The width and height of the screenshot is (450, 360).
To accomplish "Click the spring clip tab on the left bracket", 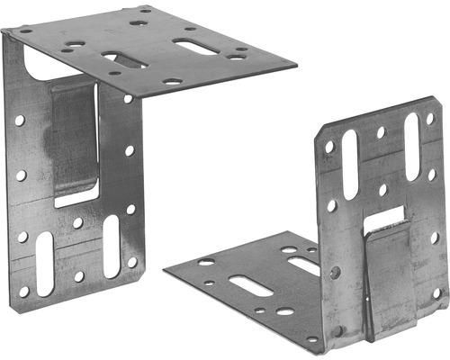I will (x=74, y=135).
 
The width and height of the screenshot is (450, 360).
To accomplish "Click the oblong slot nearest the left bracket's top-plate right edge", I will (x=194, y=46).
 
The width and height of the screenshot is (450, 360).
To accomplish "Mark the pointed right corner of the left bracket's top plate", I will (x=294, y=65).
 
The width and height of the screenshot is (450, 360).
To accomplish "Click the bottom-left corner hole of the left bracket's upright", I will (x=24, y=291).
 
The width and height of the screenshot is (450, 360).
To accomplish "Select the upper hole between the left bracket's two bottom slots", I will (x=78, y=222).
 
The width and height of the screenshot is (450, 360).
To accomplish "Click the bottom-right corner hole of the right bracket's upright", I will (x=436, y=292).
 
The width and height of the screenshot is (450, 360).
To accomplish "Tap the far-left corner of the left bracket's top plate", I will (x=4, y=31).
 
